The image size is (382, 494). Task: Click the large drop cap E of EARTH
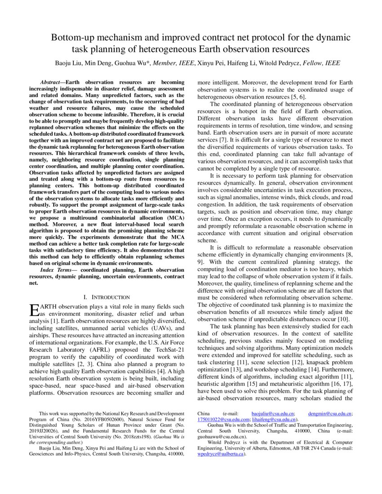(x=34, y=310)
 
